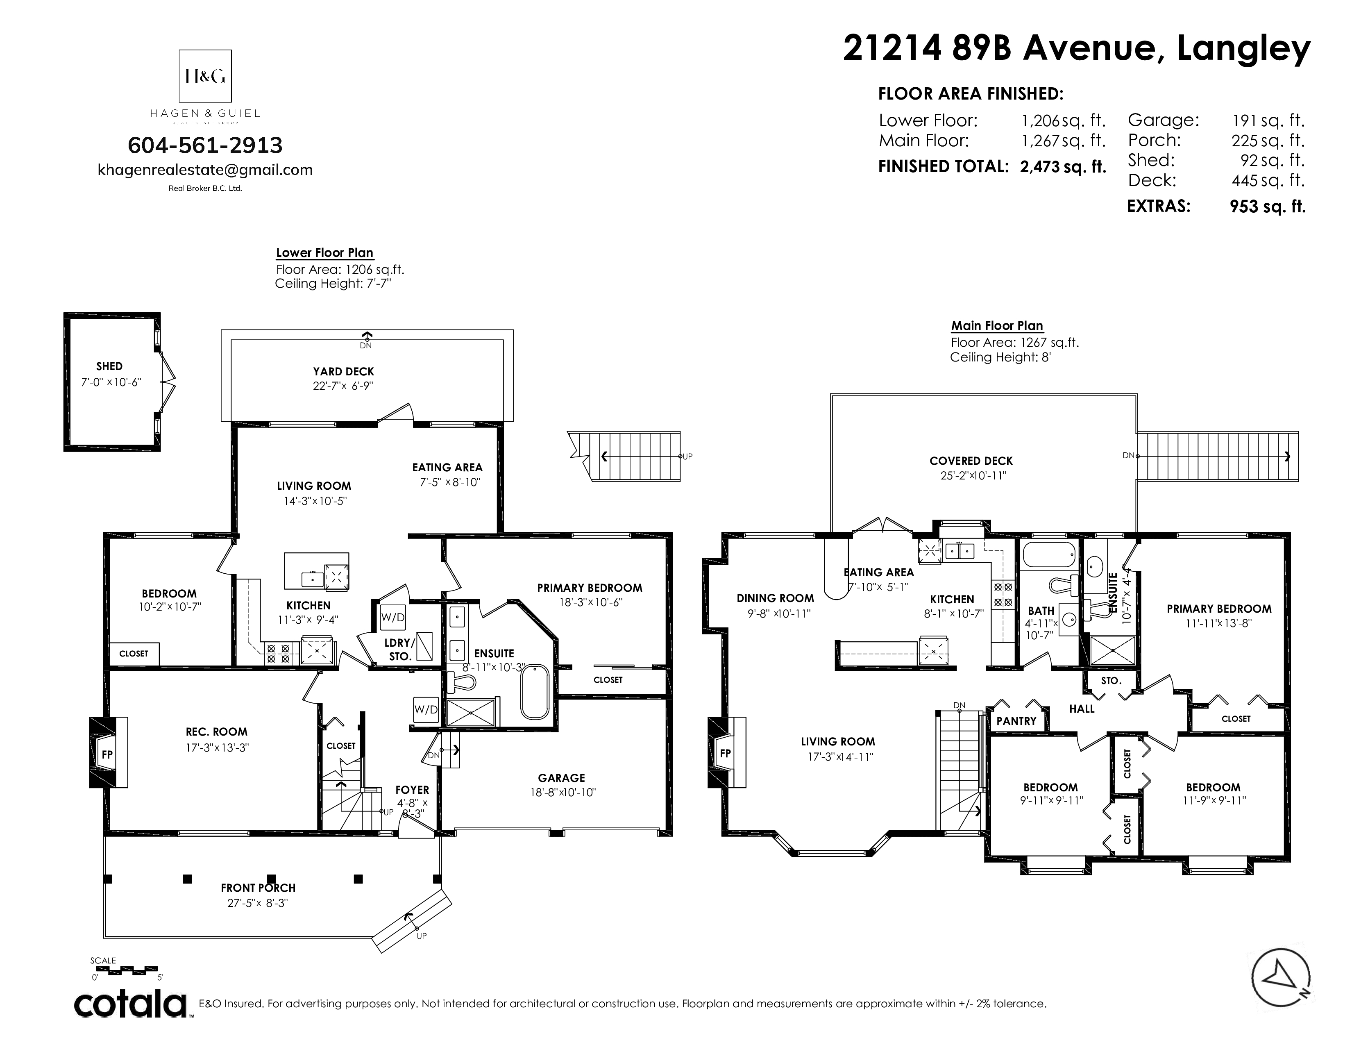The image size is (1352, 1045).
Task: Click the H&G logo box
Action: tap(205, 75)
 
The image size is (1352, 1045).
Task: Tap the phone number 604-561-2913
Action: tap(205, 145)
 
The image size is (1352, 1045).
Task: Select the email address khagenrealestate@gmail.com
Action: tap(205, 170)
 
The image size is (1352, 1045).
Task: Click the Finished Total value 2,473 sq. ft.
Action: tap(1063, 166)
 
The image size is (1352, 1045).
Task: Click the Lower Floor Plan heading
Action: tap(324, 252)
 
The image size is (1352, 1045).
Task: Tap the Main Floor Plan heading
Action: tap(997, 326)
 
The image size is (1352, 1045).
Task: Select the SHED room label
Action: tap(109, 366)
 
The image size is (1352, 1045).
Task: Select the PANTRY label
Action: tap(1016, 720)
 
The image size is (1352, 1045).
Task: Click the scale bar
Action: tap(128, 970)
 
